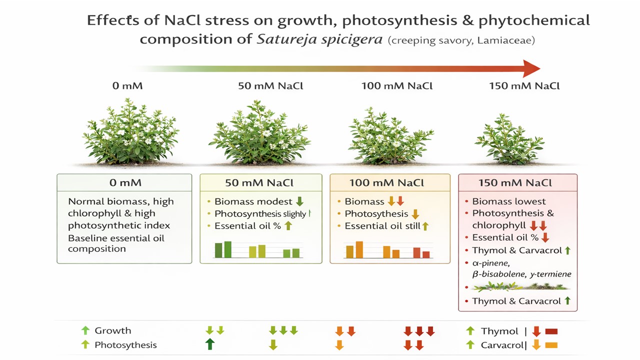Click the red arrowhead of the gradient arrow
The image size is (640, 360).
point(531,68)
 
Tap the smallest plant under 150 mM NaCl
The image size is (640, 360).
point(509,139)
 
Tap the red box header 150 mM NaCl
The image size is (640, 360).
point(517,182)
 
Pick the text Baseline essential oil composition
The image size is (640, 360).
point(116,243)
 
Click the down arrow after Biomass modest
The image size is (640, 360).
point(299,201)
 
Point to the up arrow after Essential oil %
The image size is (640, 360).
point(287,226)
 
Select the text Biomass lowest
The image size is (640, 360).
point(509,201)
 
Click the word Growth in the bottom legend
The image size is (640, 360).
point(113,330)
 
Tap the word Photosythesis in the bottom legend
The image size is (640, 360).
point(125,345)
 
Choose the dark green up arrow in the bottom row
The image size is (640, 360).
point(210,344)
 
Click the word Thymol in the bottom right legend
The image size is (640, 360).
point(499,331)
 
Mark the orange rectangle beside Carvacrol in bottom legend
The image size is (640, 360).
point(551,345)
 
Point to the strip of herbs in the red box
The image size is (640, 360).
point(520,287)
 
